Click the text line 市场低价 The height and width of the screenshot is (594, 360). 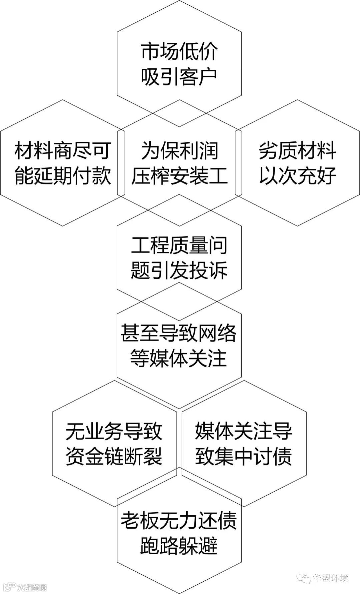179,52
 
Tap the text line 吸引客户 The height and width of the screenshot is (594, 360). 179,77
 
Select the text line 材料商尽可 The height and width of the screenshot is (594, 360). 63,150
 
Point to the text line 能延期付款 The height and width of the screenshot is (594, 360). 63,175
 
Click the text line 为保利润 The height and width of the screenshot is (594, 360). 179,150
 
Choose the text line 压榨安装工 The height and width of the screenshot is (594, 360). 179,175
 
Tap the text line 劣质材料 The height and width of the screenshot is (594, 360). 297,150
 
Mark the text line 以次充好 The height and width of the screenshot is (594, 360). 297,175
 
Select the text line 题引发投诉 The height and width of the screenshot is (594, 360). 179,270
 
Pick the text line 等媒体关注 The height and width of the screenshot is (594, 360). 179,358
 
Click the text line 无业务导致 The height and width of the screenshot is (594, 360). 114,431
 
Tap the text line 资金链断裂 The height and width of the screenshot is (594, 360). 114,456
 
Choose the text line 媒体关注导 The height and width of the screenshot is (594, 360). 243,431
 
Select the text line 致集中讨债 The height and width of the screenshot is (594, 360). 243,456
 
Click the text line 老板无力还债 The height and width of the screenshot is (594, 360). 179,521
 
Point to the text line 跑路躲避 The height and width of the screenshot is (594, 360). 179,545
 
